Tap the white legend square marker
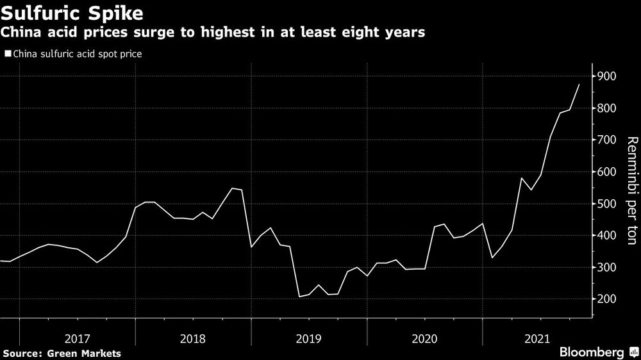[7, 54]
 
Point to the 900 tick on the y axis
[606, 77]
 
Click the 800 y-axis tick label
[606, 109]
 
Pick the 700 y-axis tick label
[606, 140]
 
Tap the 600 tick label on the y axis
[606, 172]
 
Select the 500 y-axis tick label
[606, 204]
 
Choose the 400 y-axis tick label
[606, 236]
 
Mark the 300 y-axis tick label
[606, 268]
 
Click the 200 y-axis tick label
[606, 299]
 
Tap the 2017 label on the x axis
[77, 337]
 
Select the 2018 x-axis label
[193, 337]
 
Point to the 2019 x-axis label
[309, 337]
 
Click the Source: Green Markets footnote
[62, 352]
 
